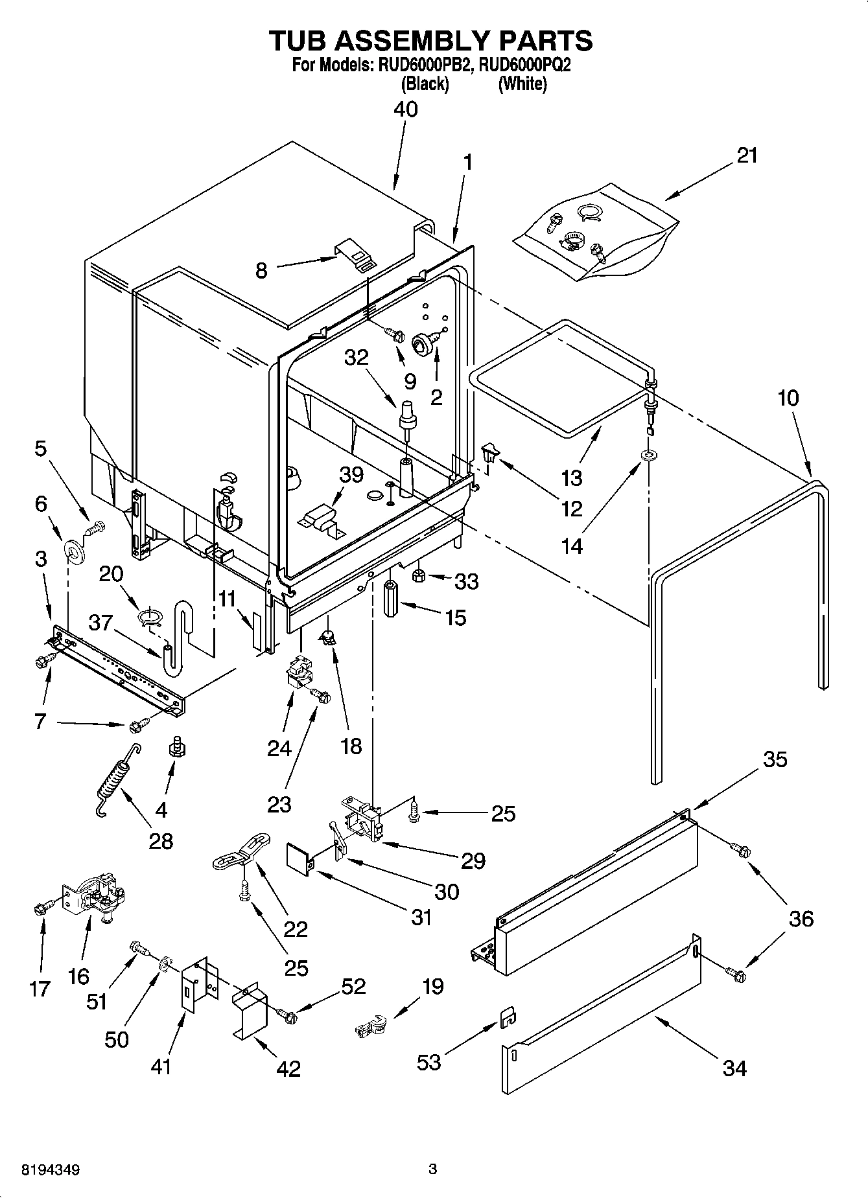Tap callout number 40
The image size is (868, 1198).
tap(406, 109)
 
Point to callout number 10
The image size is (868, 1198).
tap(788, 397)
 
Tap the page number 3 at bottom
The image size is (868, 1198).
tap(433, 1169)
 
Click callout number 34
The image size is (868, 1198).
tap(734, 1068)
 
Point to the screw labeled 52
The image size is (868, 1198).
tap(287, 1017)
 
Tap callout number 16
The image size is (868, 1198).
tap(78, 976)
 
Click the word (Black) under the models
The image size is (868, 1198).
tap(425, 84)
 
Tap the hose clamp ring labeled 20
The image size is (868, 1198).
tap(150, 616)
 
